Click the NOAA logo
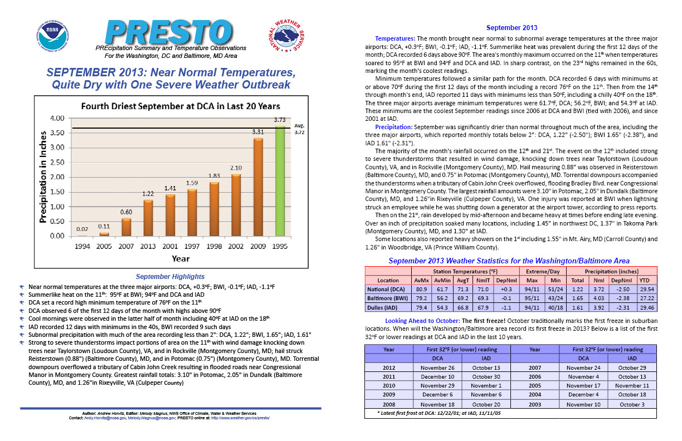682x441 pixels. (52, 37)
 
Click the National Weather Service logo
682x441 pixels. (286, 36)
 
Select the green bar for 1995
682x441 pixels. (280, 181)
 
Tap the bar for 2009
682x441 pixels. (258, 187)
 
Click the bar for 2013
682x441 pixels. (148, 218)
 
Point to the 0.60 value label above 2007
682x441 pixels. (126, 212)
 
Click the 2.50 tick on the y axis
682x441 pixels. (57, 162)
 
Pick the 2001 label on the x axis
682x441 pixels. (170, 246)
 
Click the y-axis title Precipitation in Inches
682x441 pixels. (43, 177)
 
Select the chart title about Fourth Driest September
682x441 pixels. (181, 106)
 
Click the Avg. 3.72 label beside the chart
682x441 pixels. (299, 129)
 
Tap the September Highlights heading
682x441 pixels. (170, 276)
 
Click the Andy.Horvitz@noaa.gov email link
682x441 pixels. (105, 418)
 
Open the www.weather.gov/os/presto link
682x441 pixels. (240, 418)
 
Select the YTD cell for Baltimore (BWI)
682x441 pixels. (647, 298)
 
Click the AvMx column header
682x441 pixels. (421, 280)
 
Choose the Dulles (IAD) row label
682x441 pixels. (382, 308)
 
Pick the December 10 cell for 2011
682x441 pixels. (437, 376)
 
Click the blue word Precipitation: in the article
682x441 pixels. (394, 127)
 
